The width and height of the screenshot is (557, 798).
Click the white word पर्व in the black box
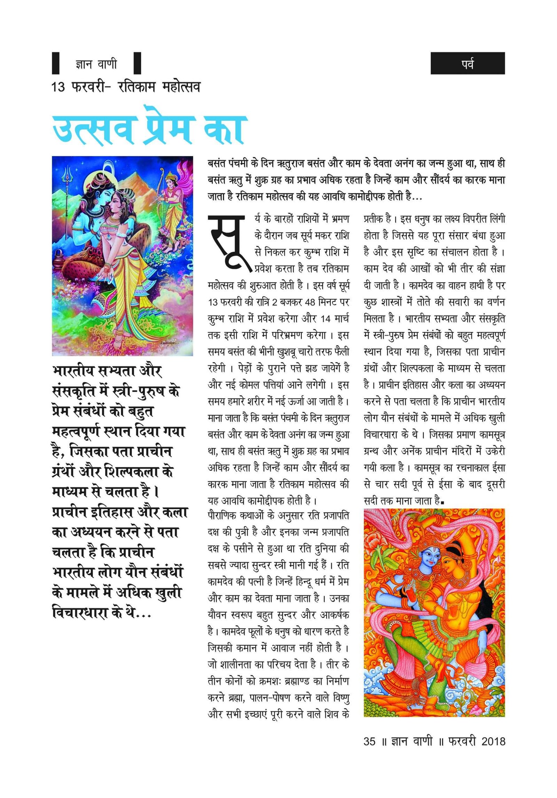coord(467,64)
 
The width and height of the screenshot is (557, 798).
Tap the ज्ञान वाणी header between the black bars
coord(96,64)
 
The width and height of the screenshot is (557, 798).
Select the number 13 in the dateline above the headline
coord(58,87)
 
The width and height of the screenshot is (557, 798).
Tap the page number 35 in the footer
coord(369,741)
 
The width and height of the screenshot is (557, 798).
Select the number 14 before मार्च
coord(325,319)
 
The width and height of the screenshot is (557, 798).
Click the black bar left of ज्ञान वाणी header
coord(56,63)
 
